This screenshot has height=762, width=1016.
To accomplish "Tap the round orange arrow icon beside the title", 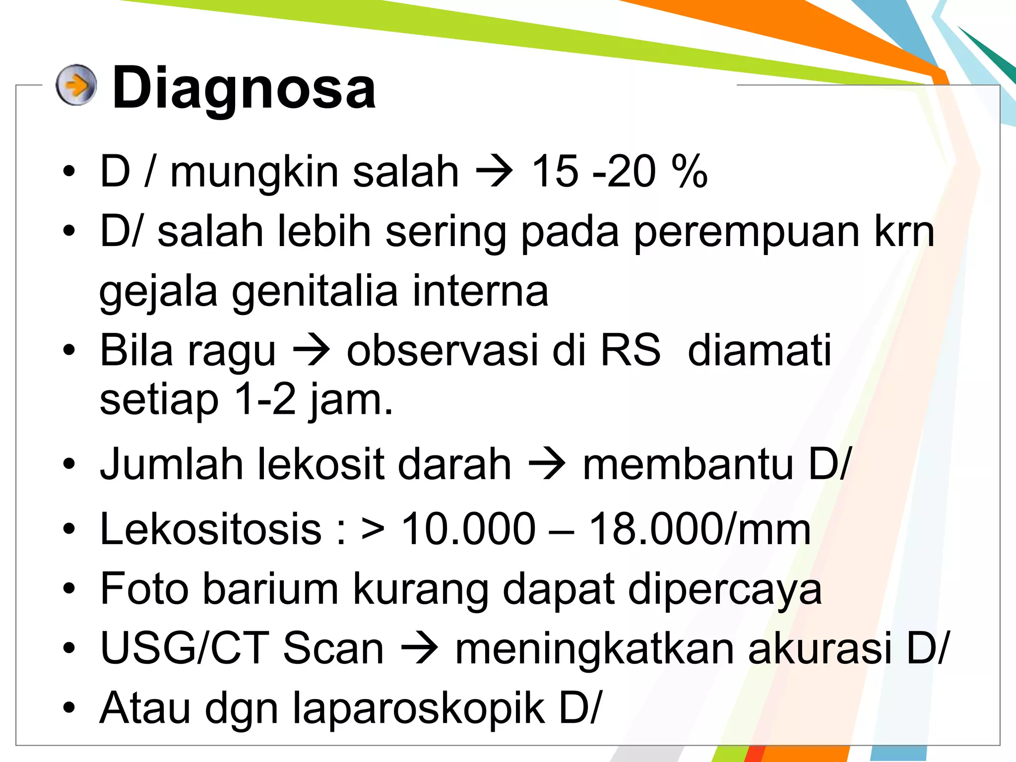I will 75,85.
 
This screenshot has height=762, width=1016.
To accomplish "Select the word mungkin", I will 255,173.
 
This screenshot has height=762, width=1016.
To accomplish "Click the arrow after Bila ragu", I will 311,351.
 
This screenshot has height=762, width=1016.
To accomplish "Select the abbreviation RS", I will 630,350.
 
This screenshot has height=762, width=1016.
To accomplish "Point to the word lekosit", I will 321,465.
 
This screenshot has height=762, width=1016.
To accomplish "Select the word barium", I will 270,589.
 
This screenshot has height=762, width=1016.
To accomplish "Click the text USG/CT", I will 185,648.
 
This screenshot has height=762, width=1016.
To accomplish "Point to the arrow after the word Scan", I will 419,648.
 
